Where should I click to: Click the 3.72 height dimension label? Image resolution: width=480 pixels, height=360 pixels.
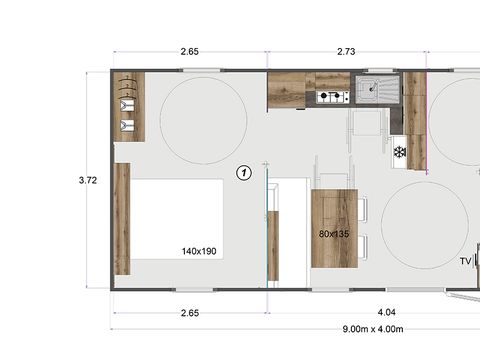pyautogui.click(x=89, y=181)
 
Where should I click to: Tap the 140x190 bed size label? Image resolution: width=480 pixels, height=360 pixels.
pyautogui.click(x=201, y=251)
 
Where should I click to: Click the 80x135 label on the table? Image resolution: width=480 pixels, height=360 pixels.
pyautogui.click(x=334, y=234)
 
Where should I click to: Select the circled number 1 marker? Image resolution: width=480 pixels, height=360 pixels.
pyautogui.click(x=243, y=173)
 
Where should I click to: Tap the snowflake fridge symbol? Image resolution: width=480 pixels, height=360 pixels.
pyautogui.click(x=398, y=152)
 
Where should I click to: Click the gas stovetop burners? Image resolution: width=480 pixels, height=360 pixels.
pyautogui.click(x=333, y=97)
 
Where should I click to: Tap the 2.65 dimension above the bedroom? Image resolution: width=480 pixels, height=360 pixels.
pyautogui.click(x=189, y=50)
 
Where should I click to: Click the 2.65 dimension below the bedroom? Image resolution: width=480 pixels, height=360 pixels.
pyautogui.click(x=189, y=312)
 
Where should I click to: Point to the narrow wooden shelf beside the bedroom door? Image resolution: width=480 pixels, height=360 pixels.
pyautogui.click(x=273, y=246)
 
